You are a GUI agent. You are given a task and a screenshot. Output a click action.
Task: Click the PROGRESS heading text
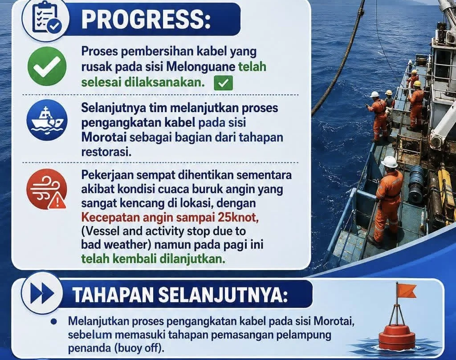tap(146, 19)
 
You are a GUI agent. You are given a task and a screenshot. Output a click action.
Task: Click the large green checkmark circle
tap(47, 67)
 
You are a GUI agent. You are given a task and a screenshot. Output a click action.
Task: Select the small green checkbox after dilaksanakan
tap(223, 83)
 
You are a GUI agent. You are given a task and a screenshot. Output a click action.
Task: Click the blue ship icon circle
tap(47, 120)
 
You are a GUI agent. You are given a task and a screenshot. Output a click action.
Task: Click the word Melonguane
tap(201, 67)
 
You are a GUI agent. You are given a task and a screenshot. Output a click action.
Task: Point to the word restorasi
tap(106, 152)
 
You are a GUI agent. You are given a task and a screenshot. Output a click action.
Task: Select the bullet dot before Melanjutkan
tap(53, 321)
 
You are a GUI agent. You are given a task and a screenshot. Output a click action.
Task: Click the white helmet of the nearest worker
tap(389, 162)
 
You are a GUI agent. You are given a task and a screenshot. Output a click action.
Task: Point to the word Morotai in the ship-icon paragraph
tap(104, 137)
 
